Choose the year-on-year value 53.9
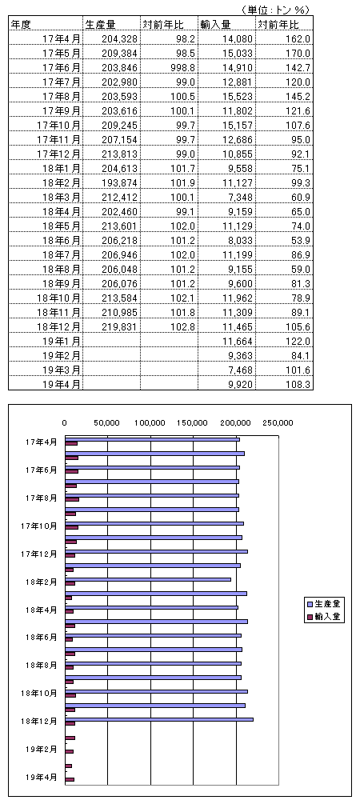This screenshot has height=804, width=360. (x=302, y=239)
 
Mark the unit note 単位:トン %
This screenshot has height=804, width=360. (x=275, y=10)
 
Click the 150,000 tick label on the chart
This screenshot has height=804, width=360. (x=193, y=423)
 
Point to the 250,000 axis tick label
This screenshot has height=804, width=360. (x=278, y=423)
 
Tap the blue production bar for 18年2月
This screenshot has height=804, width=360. (x=148, y=579)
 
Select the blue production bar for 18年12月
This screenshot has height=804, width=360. (x=159, y=719)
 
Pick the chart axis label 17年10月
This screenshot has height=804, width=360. (x=39, y=526)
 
